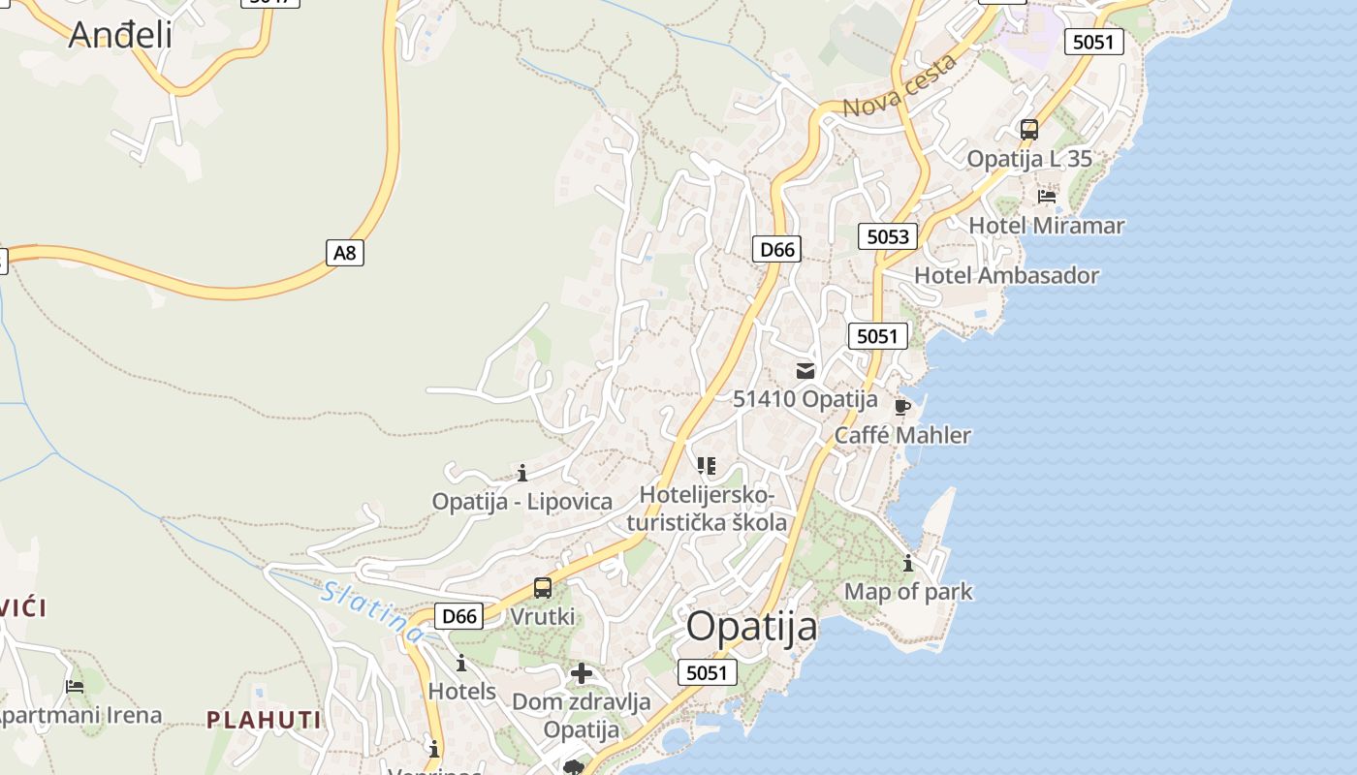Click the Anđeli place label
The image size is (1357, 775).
[120, 35]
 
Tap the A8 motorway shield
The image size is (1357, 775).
[345, 254]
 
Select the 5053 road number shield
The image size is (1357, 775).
[888, 236]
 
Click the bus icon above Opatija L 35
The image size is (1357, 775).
[1029, 129]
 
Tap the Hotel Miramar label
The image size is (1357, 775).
[1047, 226]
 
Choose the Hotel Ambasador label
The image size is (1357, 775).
[1007, 275]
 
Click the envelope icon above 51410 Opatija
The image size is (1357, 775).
[805, 370]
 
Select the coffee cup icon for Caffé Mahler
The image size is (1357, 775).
[902, 406]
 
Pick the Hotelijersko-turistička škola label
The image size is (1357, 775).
[708, 510]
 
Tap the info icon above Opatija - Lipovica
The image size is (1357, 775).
[522, 473]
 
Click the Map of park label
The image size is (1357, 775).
[908, 591]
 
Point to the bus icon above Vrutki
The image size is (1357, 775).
[543, 588]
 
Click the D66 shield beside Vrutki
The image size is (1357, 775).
[458, 616]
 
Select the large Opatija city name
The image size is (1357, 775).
[752, 627]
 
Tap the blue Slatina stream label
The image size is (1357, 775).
[373, 611]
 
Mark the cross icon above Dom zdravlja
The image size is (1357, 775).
[582, 673]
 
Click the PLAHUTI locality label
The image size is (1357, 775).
[264, 719]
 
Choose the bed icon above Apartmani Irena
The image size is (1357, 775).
[75, 687]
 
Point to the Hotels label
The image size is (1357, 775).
[462, 692]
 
